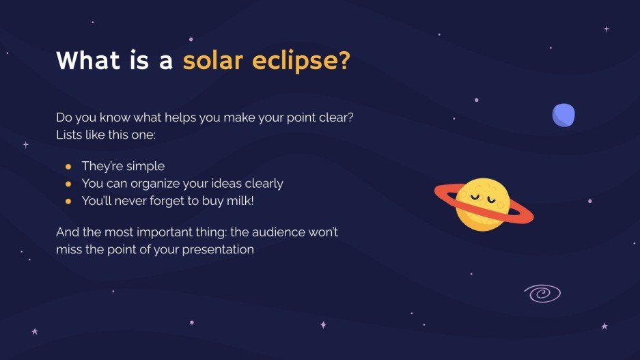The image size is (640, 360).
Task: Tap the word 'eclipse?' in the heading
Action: (x=301, y=61)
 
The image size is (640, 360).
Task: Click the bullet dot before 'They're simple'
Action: (x=68, y=166)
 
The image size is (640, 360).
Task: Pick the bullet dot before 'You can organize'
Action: (x=68, y=184)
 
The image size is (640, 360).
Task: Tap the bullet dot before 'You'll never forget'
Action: (x=68, y=201)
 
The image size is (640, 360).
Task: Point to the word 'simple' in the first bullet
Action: (x=145, y=166)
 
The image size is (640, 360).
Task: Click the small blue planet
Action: (x=564, y=115)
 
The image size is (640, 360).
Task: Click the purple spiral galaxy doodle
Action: (x=542, y=294)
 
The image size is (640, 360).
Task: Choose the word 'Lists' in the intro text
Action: (x=69, y=135)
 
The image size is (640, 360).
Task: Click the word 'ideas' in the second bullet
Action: (x=225, y=184)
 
